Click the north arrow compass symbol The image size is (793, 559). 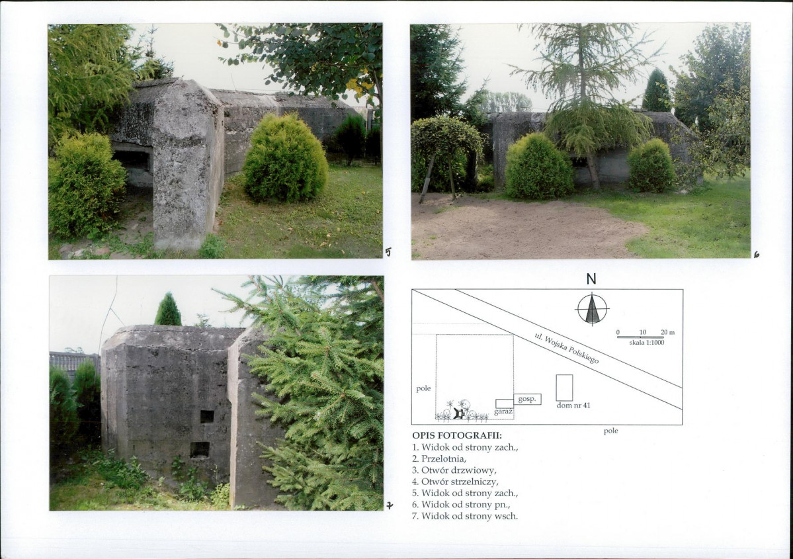[x=592, y=308]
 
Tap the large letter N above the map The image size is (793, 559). [x=591, y=279]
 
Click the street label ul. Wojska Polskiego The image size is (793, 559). [x=567, y=349]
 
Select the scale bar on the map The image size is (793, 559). [x=640, y=337]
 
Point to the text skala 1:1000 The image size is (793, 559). [x=647, y=343]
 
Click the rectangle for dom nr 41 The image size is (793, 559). [x=564, y=388]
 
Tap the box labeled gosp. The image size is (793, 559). [x=527, y=399]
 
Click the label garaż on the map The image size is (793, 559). [x=503, y=411]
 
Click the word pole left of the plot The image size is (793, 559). [x=423, y=388]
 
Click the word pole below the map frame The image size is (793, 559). [x=611, y=431]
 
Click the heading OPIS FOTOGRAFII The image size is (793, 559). [x=457, y=435]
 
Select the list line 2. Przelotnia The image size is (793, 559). [x=439, y=459]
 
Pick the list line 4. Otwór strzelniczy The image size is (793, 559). [x=455, y=482]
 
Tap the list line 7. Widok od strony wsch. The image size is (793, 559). [x=465, y=516]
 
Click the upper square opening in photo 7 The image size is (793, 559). [x=207, y=417]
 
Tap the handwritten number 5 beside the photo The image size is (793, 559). [x=388, y=252]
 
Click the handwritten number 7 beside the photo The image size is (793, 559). [x=390, y=505]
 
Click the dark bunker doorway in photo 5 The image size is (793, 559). [x=132, y=161]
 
